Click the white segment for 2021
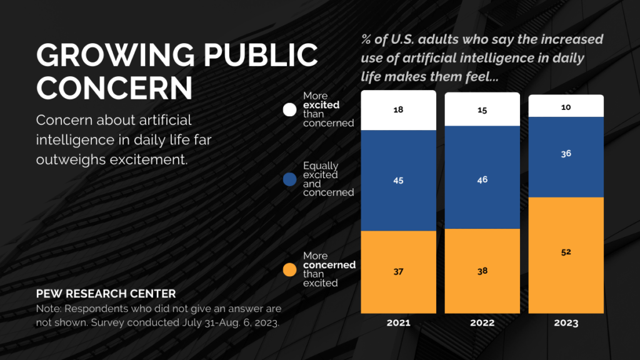point(398,111)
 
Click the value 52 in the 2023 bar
point(566,252)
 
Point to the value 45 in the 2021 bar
point(398,181)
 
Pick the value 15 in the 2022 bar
point(482,109)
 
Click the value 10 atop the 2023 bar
point(566,107)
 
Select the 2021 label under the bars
point(398,322)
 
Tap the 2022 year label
point(482,322)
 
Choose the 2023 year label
point(566,323)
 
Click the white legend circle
point(289,110)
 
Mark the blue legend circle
point(289,179)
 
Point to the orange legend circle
point(289,270)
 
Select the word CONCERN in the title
point(114,88)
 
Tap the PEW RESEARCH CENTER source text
point(106,294)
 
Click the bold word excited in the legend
point(321,105)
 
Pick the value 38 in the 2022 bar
point(482,271)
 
